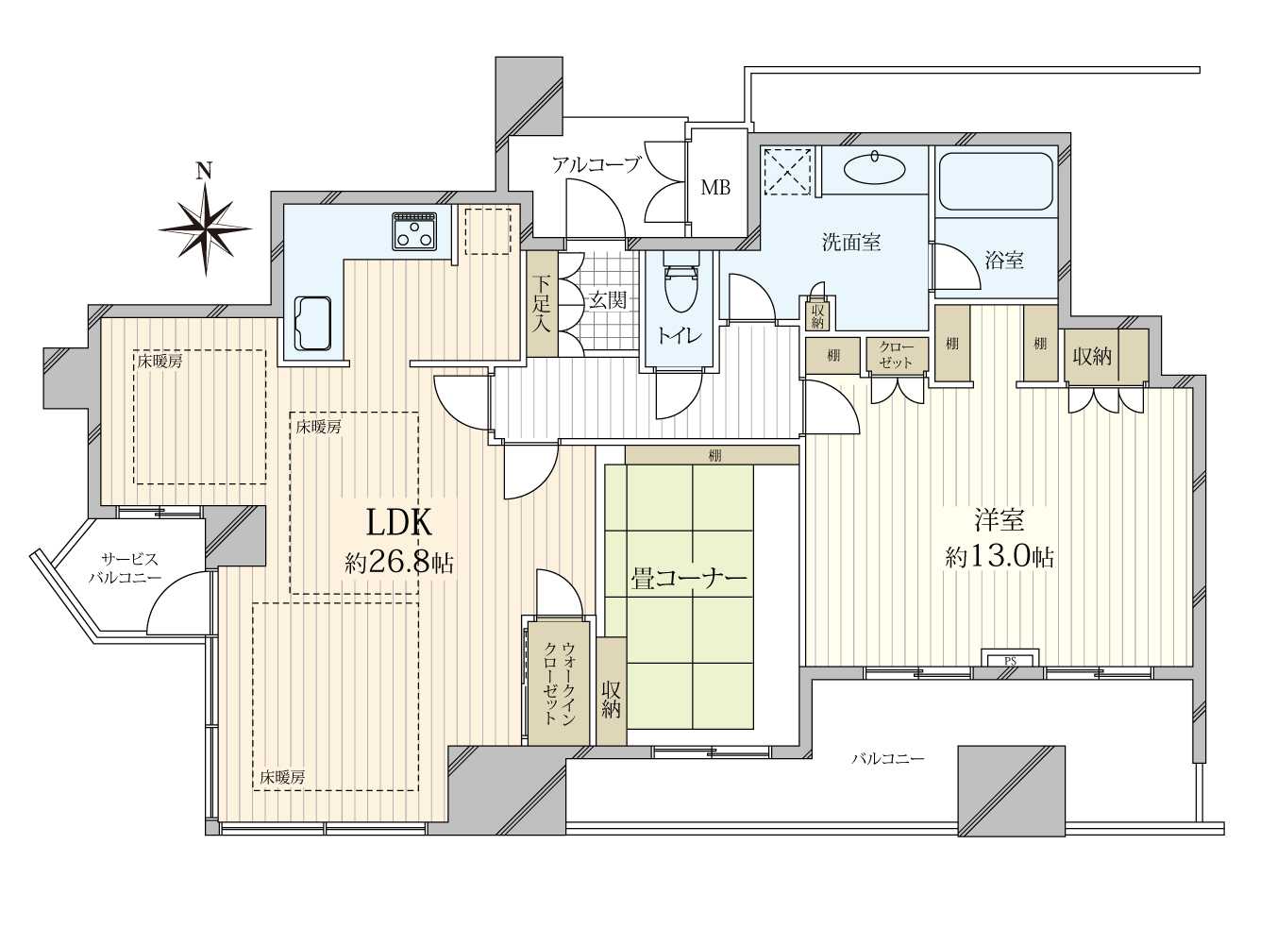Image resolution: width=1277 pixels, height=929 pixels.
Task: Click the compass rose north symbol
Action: [x=205, y=223]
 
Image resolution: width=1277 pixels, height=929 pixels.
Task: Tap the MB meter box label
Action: [x=715, y=187]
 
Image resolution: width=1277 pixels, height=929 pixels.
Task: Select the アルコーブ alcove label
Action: [x=596, y=165]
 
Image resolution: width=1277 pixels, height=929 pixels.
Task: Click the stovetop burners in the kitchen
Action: [x=415, y=231]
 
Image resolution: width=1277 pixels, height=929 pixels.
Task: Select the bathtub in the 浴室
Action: [x=995, y=182]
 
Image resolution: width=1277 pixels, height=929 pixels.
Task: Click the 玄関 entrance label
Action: [x=607, y=300]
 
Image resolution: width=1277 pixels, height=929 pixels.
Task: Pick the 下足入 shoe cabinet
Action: [x=542, y=305]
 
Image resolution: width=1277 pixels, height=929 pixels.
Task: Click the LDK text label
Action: [x=398, y=522]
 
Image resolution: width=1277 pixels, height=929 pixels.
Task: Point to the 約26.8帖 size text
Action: [x=398, y=564]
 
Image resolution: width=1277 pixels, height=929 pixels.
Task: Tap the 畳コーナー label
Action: [x=688, y=580]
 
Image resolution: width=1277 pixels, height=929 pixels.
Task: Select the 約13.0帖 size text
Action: [x=1000, y=557]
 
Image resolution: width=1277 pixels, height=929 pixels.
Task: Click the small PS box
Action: [x=1010, y=658]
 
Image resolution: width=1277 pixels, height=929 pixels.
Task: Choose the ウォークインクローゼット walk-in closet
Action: [x=559, y=682]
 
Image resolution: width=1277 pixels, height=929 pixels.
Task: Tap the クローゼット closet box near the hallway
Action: [x=895, y=355]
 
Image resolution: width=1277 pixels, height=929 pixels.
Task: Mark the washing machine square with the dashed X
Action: [x=787, y=170]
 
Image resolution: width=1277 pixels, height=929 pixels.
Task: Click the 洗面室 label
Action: [x=851, y=243]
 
